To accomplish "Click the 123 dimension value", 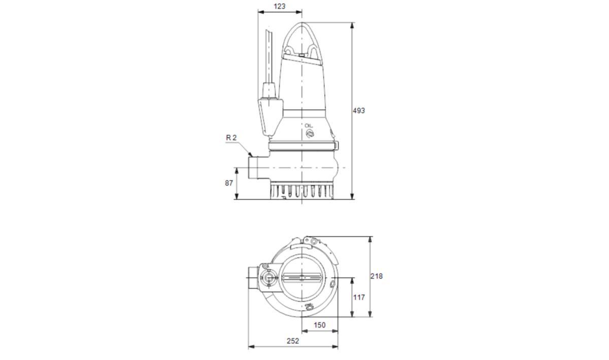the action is coord(280,6).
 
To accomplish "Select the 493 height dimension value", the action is coord(359,111).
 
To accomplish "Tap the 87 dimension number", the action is coord(229,183).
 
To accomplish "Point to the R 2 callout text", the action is coord(231,138).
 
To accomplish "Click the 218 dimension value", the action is coord(377,276).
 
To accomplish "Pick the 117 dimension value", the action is coord(359,298).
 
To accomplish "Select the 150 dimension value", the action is coord(319,325).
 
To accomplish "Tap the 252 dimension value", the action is coord(293,341).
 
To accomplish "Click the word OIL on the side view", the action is coord(309,126).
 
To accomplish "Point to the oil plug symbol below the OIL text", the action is coord(310,134).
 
